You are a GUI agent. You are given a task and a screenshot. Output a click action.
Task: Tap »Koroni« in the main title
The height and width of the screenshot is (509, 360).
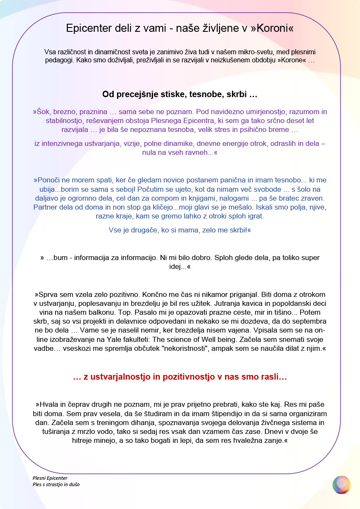pos(272,28)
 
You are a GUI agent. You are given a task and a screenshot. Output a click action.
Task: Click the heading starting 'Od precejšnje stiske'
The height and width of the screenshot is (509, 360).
pos(180,94)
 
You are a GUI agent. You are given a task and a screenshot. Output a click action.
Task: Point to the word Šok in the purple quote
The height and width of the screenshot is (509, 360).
pos(42,112)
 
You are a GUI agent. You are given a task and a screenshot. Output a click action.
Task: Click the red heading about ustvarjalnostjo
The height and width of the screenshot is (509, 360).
pos(180,377)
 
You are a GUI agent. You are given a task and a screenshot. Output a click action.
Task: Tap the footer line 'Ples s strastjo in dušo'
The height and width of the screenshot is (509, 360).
pos(56,484)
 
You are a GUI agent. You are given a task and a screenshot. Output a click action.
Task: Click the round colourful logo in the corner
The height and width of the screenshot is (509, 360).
pos(341,484)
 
